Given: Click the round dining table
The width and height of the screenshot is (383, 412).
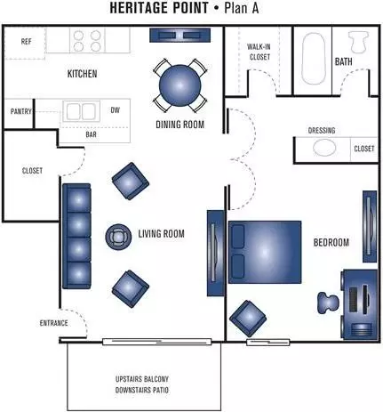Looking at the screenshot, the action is point(180,85).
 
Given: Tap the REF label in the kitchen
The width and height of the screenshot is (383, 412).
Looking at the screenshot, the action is point(26,42).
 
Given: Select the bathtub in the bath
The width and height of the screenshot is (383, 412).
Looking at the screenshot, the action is point(314,59).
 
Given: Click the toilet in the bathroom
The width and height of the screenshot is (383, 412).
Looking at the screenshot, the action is point(358,42).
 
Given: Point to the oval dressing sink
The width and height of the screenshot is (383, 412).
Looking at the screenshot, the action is point(324,148).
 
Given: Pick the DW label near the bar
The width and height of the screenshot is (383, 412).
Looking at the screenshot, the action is point(116,110).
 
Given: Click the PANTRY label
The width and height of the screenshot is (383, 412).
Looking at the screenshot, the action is point(20,111).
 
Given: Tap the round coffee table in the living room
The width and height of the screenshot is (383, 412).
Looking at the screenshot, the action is point(118,237).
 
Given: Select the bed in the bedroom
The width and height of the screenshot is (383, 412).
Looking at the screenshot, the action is point(265,252).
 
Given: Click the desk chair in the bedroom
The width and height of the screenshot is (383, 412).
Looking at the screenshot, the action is point(328,303).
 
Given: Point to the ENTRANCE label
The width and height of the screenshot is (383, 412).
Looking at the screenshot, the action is point(53,323).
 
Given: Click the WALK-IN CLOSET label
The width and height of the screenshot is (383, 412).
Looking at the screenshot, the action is point(259,52).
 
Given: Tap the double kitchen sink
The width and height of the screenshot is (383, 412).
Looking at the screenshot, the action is point(81,112).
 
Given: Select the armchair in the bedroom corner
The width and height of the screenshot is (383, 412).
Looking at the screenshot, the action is point(248,319).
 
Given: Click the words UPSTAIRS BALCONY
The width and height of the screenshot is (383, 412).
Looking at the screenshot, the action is point(142,379).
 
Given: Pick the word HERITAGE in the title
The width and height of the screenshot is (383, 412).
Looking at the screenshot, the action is point(159,8).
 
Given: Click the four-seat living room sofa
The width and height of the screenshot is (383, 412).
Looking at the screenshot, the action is point(76,236).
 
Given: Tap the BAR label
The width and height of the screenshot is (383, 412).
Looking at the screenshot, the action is point(91,134).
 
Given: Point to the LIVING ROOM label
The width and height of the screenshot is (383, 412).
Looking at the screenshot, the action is point(161,234).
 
